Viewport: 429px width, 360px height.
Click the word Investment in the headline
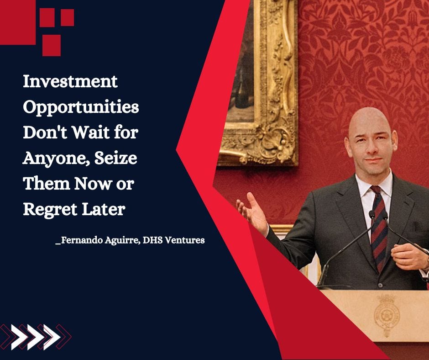(70, 82)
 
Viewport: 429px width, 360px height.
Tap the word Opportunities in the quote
(81, 108)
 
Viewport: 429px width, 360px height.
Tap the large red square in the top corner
(16, 21)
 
